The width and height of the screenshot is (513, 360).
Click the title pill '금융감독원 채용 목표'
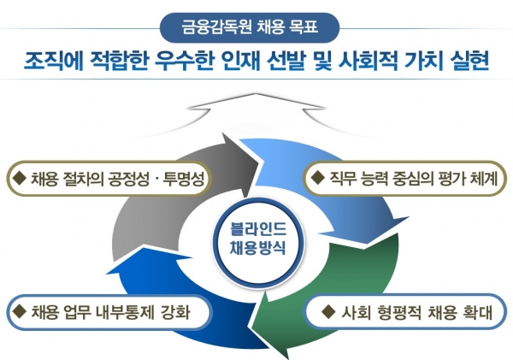click(x=250, y=27)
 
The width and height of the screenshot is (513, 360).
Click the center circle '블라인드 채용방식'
click(x=258, y=243)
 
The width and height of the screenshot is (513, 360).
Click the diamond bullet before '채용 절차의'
click(x=19, y=178)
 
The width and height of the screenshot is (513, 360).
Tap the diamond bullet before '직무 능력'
click(x=317, y=178)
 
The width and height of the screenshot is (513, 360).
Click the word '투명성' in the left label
click(x=184, y=179)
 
